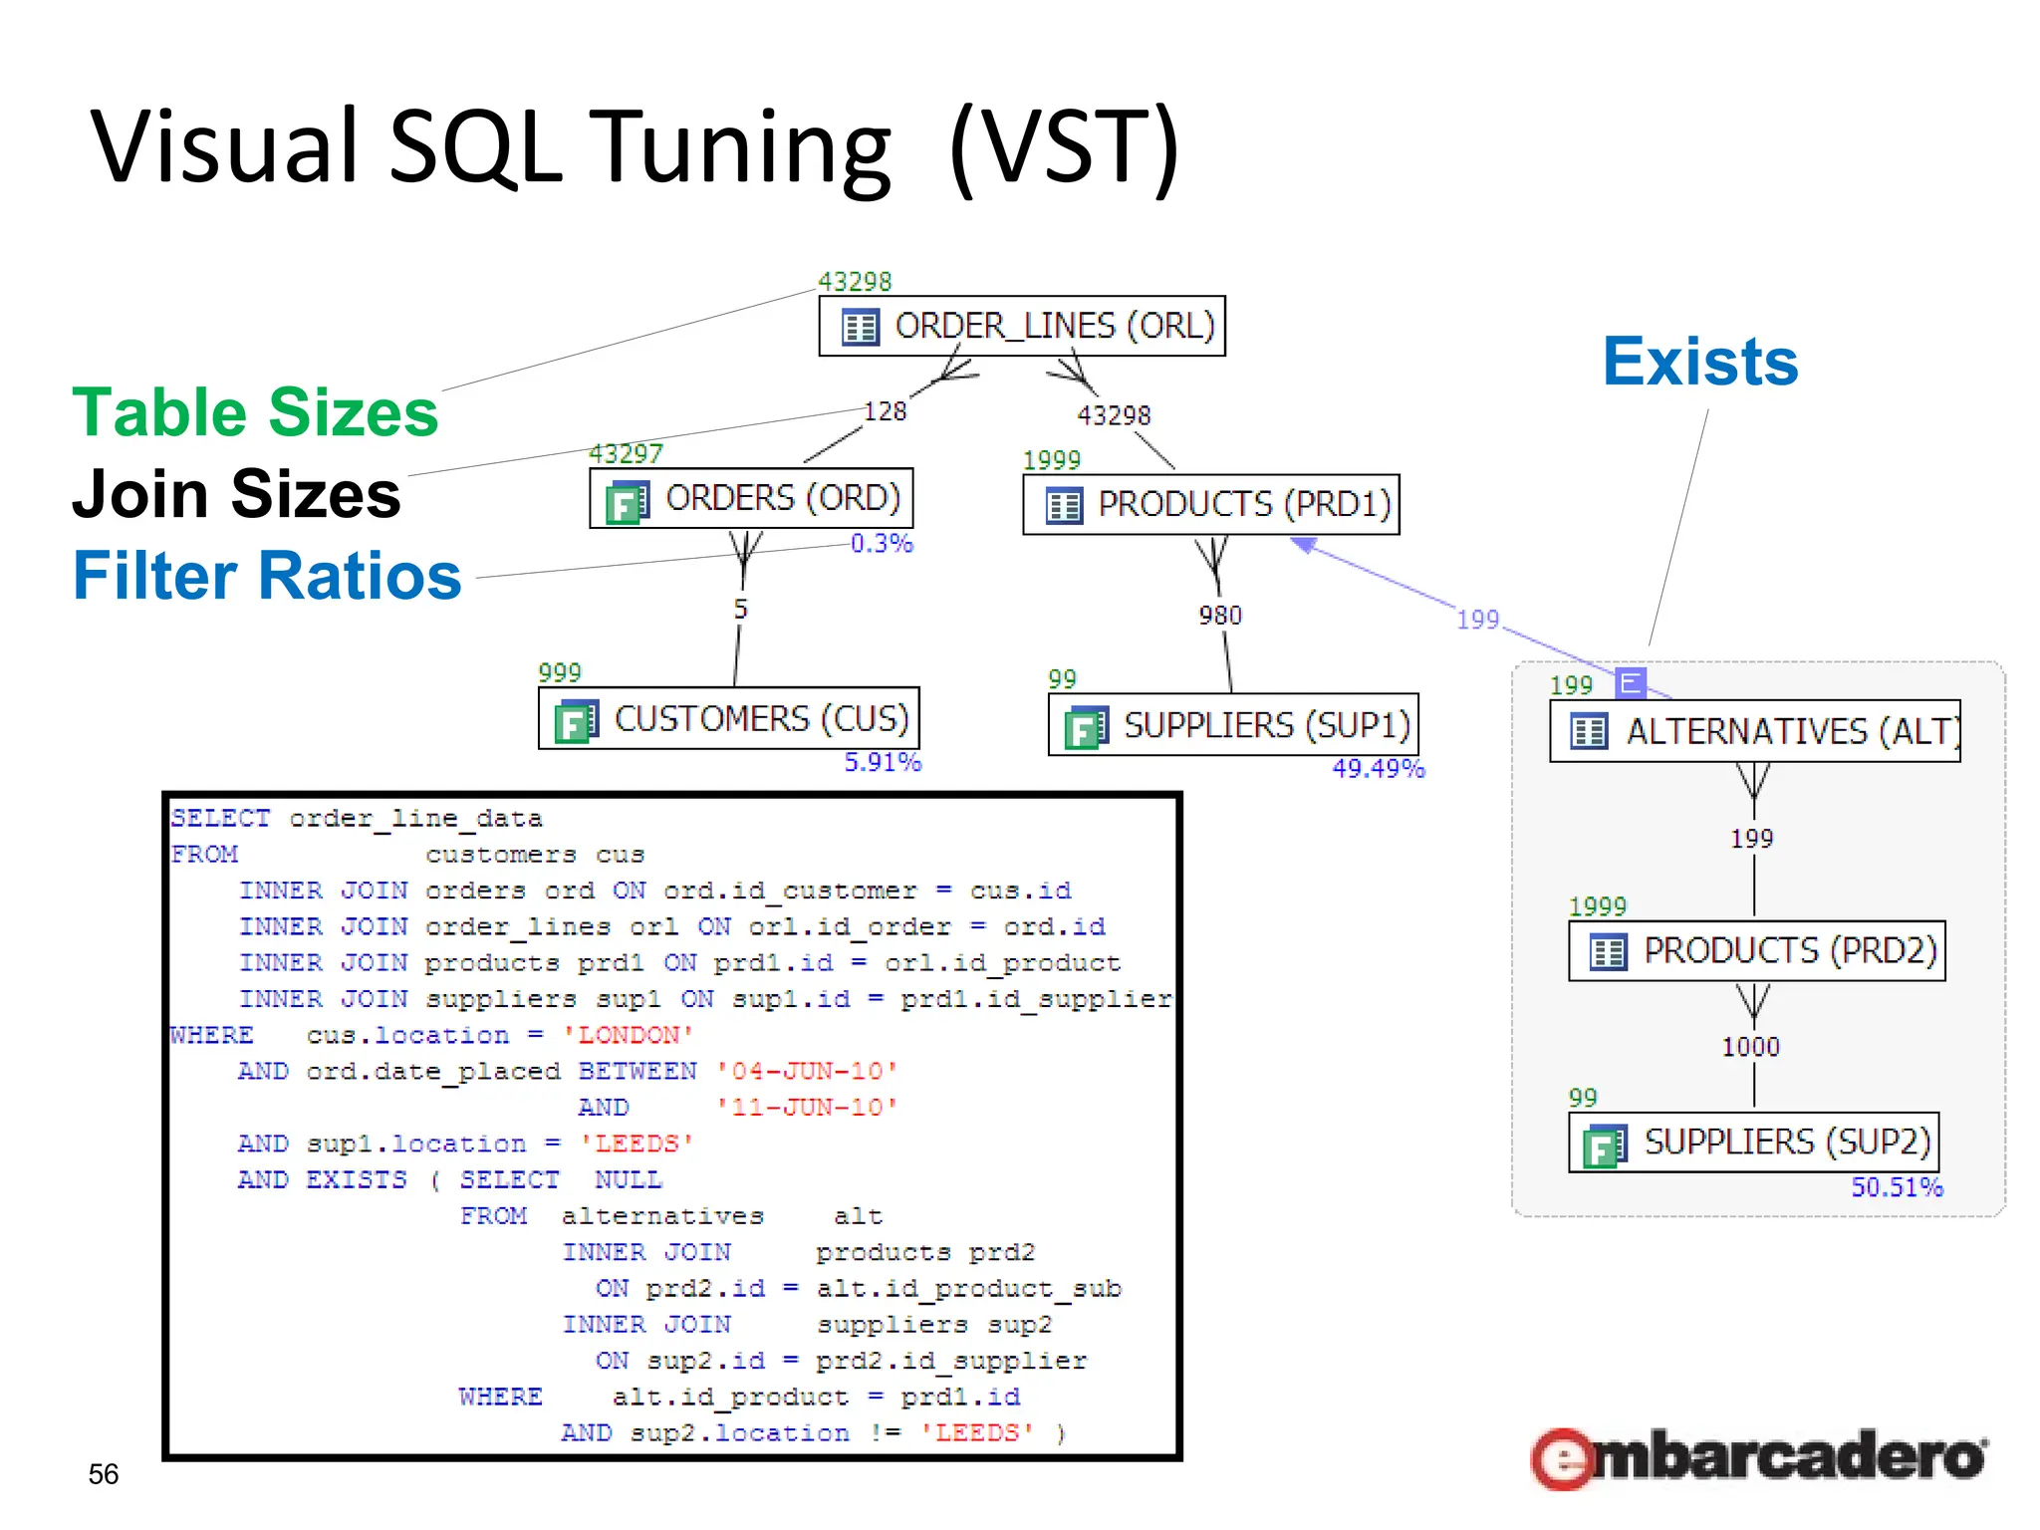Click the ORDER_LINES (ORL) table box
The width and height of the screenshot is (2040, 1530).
tap(1022, 326)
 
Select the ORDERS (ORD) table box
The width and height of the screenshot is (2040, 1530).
tap(751, 498)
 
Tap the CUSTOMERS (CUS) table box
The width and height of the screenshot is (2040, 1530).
tap(728, 718)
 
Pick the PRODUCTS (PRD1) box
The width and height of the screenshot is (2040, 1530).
tap(1211, 504)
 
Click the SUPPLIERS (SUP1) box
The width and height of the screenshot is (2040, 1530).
tap(1233, 725)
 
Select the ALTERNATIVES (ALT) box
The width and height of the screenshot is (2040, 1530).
tap(1755, 731)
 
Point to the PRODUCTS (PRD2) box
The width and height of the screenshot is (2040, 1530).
tap(1757, 950)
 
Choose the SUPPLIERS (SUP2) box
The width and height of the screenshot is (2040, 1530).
tap(1754, 1142)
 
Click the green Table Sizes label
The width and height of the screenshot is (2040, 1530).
tap(255, 412)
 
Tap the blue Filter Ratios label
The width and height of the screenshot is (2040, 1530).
tap(267, 576)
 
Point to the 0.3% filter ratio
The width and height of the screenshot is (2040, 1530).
tap(882, 544)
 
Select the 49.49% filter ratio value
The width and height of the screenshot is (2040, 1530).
tap(1379, 768)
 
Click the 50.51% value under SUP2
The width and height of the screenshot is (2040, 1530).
tap(1897, 1186)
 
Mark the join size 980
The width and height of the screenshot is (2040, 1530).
tap(1220, 616)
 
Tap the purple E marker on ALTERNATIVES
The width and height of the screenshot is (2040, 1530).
tap(1631, 682)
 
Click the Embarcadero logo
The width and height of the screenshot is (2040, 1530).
tap(1759, 1456)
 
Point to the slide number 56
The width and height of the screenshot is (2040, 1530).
tap(104, 1473)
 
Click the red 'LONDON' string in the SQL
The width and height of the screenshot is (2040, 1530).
tap(628, 1035)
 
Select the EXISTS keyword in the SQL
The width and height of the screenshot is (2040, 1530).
tap(356, 1179)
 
